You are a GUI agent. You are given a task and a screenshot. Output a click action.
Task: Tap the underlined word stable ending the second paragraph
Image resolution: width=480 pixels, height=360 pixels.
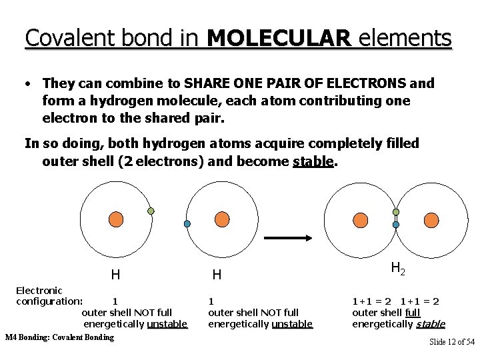313,162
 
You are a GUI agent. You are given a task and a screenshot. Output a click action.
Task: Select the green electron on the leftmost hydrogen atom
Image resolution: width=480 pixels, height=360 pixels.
151,211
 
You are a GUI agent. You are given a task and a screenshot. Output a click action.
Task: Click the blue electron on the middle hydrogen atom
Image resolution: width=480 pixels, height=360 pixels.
187,223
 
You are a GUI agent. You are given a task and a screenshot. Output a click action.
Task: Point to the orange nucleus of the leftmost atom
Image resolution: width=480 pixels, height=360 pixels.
115,219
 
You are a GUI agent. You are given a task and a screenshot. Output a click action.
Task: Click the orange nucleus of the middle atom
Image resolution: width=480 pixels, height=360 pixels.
221,219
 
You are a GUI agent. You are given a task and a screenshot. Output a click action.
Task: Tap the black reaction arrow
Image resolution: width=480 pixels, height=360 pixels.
290,237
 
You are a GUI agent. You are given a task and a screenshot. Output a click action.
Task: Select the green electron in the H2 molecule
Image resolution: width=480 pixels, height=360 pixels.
396,212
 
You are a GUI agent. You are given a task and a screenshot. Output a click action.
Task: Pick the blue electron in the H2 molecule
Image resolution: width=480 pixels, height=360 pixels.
396,225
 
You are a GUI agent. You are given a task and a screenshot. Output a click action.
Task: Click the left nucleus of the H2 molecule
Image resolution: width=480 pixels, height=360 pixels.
360,219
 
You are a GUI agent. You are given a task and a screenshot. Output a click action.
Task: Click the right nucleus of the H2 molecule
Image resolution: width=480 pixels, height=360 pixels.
432,219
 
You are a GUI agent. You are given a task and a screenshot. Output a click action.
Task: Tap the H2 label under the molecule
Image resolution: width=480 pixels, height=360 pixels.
398,269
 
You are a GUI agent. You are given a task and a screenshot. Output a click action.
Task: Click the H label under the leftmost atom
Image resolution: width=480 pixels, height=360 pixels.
115,274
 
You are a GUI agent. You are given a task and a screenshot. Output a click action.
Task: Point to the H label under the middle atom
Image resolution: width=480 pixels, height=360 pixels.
217,274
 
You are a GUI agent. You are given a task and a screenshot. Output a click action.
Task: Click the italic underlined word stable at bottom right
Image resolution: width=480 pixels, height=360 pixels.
430,324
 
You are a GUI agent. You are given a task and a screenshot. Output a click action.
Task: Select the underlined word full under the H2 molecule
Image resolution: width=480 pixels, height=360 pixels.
413,312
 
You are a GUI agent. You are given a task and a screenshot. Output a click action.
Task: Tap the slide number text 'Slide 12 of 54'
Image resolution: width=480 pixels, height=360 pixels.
451,342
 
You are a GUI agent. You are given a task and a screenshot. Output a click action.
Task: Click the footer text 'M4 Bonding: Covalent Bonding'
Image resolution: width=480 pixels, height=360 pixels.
59,337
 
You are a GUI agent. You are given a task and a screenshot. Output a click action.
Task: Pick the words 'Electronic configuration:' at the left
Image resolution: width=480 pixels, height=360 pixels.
44,296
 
